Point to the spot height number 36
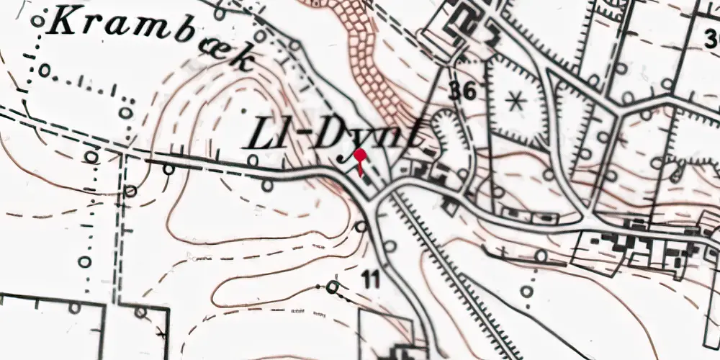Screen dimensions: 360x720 coord(462,91)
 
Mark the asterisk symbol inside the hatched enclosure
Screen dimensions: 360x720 coord(514,102)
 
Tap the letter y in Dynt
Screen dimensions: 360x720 coord(359,144)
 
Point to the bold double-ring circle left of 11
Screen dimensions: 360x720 coord(333,288)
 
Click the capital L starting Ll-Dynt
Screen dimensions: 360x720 coord(264,135)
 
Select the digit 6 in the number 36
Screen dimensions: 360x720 coord(470,91)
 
